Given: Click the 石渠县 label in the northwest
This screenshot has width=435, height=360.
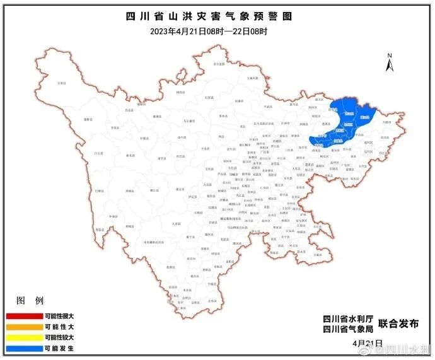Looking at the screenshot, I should pos(61,83).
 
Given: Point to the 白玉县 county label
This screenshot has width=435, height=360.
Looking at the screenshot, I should pos(98,153).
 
